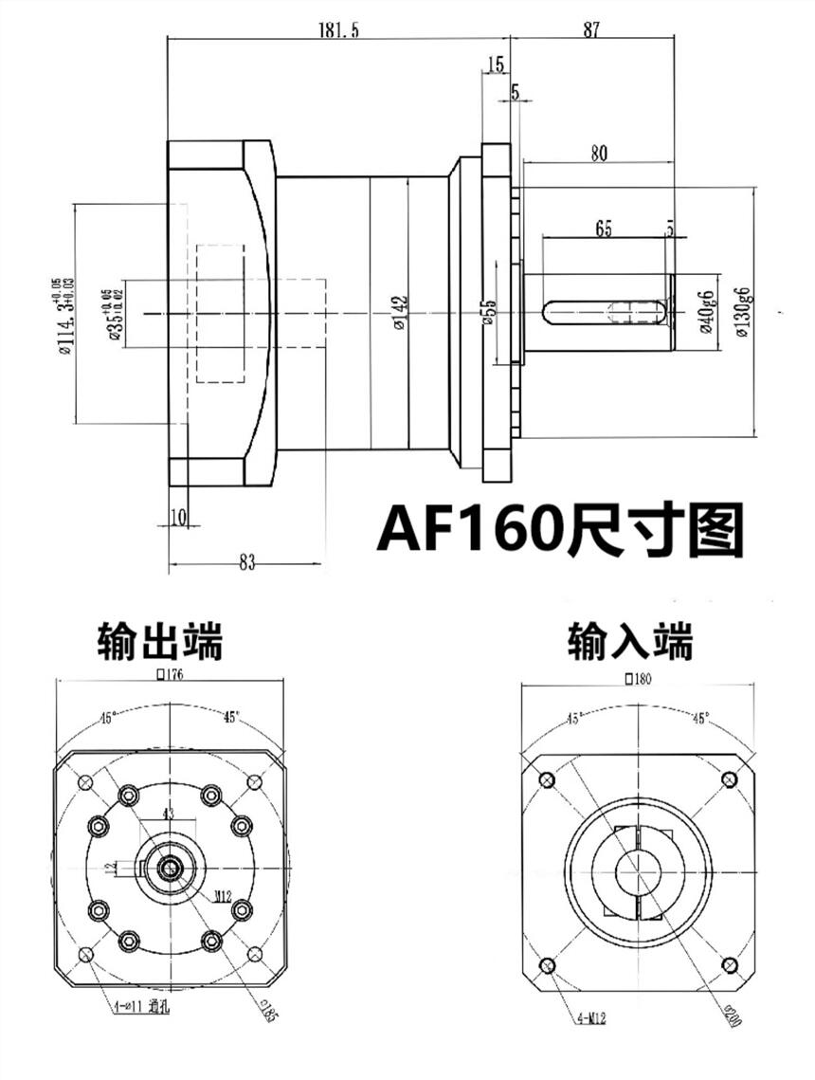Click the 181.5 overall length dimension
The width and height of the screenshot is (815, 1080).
click(339, 30)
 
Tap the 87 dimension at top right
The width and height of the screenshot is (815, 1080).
click(591, 30)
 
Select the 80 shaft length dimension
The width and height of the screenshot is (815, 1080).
click(597, 153)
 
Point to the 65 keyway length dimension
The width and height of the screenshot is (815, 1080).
click(603, 229)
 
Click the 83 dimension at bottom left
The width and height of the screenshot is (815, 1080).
click(246, 562)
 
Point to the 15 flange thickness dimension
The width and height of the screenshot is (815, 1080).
click(494, 64)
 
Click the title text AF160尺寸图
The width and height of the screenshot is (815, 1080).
click(560, 528)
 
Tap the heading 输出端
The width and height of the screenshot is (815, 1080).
click(160, 641)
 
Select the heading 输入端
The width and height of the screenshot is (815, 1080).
click(630, 641)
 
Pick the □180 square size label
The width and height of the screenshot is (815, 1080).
click(640, 678)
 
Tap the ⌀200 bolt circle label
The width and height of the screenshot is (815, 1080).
click(730, 1016)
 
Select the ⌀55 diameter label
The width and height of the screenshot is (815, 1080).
click(488, 312)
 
